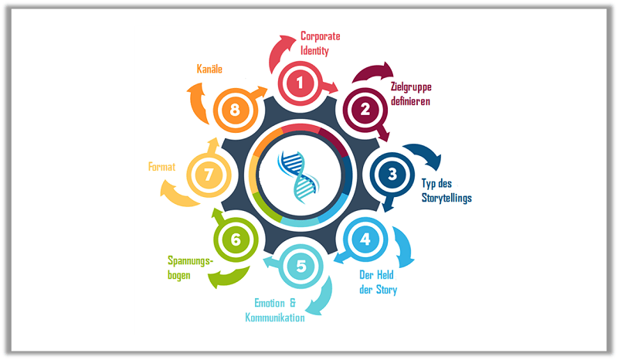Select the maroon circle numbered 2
coord(365,109)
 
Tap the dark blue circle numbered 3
coord(392,174)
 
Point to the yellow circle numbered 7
coord(208,175)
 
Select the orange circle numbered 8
coord(235,110)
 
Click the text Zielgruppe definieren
coord(410,94)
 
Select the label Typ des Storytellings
coord(446,190)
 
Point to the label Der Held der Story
coord(379,283)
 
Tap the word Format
coord(162,165)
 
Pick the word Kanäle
coord(209,70)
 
